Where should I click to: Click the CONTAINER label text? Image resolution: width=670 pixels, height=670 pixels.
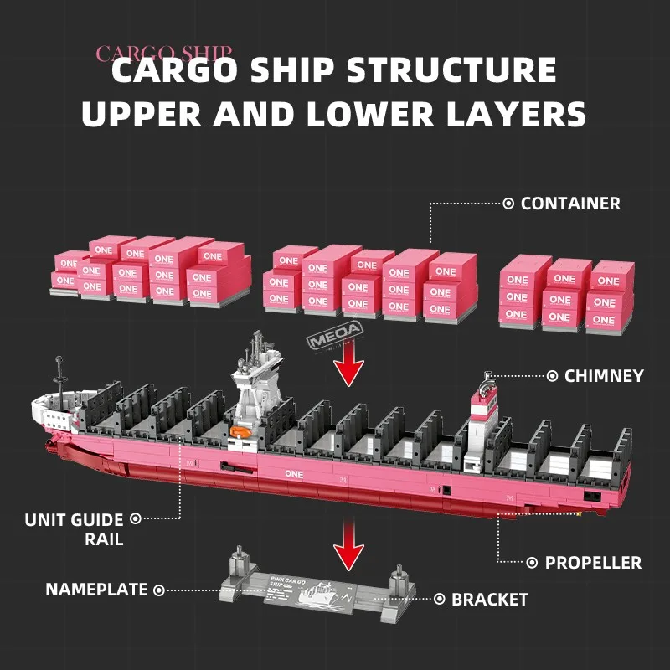pyautogui.click(x=570, y=204)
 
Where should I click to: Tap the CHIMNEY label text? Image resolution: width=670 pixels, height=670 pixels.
pyautogui.click(x=604, y=376)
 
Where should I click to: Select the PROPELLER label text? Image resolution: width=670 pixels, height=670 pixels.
pyautogui.click(x=593, y=563)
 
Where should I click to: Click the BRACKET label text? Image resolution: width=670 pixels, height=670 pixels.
pyautogui.click(x=490, y=600)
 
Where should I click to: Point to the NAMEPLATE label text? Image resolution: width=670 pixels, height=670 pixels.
pyautogui.click(x=96, y=590)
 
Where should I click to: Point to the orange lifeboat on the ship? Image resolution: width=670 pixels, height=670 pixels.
pyautogui.click(x=238, y=432)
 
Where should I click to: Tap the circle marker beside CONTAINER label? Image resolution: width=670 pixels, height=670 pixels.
pyautogui.click(x=508, y=204)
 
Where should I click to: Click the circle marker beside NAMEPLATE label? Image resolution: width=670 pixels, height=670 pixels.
pyautogui.click(x=159, y=590)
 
